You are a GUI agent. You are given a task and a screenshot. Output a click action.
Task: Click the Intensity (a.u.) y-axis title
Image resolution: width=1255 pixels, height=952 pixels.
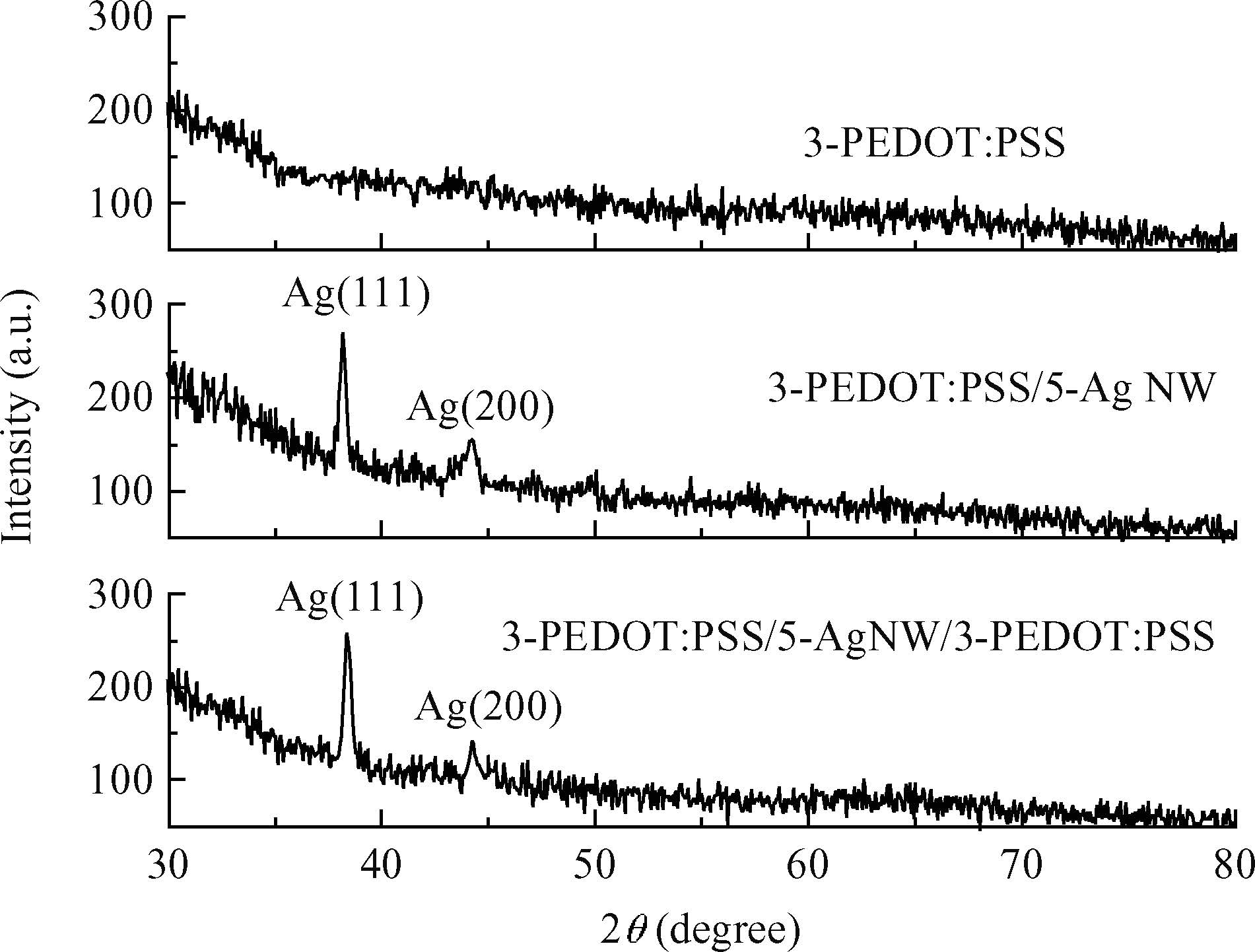20,418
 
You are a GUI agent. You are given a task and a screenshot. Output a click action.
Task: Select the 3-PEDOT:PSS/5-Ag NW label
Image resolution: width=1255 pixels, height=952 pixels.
991,390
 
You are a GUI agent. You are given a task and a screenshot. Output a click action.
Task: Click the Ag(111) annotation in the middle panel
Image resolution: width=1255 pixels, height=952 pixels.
356,294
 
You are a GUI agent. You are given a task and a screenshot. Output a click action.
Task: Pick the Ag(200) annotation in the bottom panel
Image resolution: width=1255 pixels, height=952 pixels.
488,708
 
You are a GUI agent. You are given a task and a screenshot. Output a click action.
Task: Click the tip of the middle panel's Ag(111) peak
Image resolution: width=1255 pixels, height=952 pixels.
342,334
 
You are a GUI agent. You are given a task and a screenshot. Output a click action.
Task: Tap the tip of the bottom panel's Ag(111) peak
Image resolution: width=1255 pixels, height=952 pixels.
347,634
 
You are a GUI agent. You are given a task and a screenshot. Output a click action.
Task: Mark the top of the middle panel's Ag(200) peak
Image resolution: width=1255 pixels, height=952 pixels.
471,440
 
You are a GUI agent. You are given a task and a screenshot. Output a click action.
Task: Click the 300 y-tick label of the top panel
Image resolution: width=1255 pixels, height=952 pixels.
120,16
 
